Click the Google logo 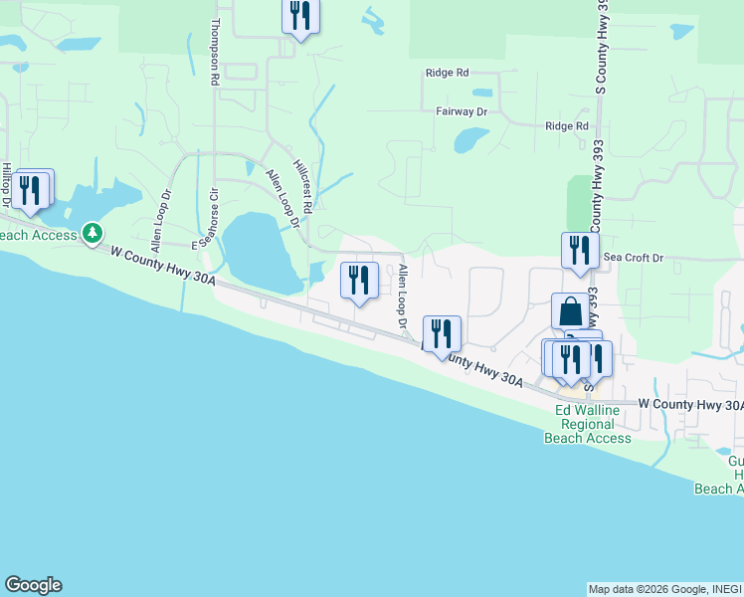[33, 585]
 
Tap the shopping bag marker [571, 310]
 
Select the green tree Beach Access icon [93, 233]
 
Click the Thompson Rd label [214, 53]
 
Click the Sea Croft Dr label [634, 258]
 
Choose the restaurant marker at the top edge [300, 17]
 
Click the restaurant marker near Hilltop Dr [30, 188]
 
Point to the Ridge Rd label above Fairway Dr [447, 73]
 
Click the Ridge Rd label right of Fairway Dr [567, 126]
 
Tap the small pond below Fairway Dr [469, 140]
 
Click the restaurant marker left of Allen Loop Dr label [359, 280]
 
